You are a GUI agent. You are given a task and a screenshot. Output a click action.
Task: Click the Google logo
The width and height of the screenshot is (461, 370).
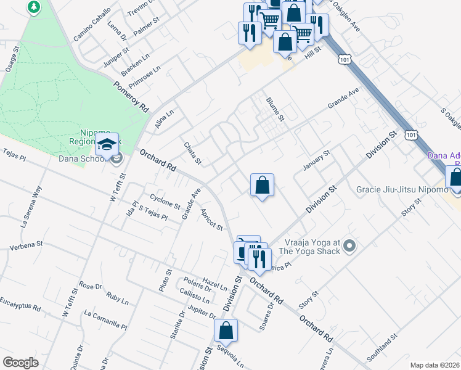[20, 363]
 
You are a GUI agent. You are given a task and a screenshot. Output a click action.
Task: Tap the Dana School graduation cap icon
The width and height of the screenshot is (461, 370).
[107, 144]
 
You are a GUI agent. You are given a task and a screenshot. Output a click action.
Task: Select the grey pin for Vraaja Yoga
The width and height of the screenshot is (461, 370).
[349, 247]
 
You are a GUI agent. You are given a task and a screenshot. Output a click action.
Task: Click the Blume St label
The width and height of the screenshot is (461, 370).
[275, 109]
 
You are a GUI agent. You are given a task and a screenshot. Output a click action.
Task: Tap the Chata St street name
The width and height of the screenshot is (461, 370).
[193, 154]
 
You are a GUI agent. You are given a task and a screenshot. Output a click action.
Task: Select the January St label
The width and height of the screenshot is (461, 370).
[317, 160]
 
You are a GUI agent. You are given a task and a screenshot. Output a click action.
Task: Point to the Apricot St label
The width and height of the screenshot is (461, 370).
[211, 219]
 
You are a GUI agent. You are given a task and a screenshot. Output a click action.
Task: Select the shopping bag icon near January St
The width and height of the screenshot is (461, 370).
[262, 184]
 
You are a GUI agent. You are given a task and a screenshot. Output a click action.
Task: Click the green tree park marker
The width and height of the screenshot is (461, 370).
[34, 7]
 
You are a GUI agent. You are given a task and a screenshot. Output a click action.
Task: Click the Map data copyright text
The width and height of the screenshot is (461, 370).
[434, 365]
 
